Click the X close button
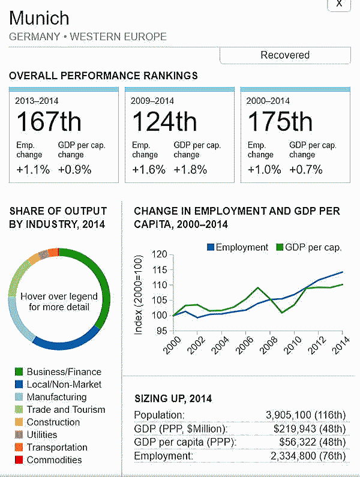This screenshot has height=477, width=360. coord(339,4)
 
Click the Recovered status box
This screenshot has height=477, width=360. coord(285,55)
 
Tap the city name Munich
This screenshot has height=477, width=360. coord(40,17)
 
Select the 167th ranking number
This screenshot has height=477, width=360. coord(49,122)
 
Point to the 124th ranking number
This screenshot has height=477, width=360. coord(164,122)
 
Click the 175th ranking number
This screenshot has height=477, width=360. coord(280,122)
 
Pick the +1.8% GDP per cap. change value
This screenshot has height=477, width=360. coord(190,170)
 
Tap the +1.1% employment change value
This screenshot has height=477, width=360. coord(33,170)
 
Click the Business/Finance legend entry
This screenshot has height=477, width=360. coord(64,372)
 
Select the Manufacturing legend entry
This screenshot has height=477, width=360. coord(56,397)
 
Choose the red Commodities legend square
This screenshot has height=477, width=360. coord(19,460)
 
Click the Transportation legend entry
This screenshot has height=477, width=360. coord(57,448)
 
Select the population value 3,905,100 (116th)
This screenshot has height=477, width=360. coord(306,415)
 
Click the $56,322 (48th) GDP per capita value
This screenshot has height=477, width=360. coord(313,443)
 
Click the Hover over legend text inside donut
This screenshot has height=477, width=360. coord(59,302)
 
